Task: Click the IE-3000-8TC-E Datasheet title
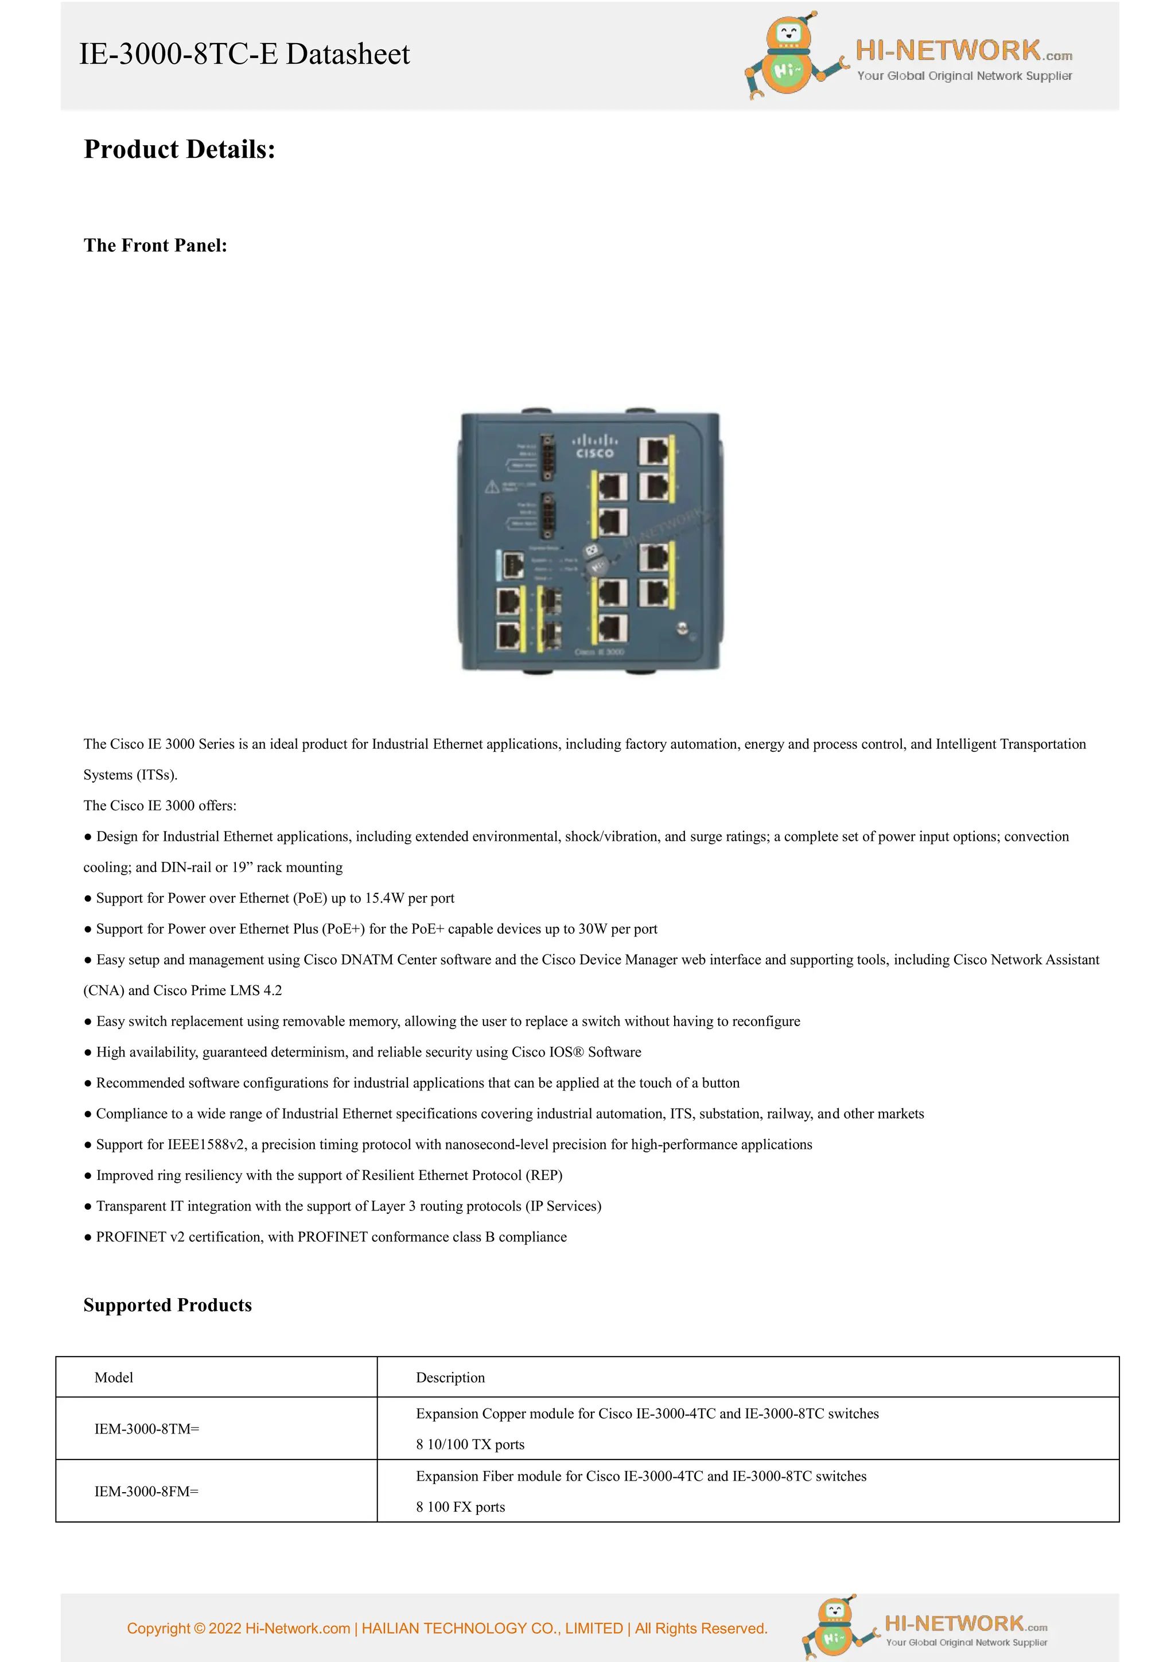click(x=244, y=55)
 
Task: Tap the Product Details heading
click(x=180, y=149)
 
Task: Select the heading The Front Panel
click(x=155, y=246)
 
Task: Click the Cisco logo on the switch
click(x=595, y=446)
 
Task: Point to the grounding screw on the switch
click(x=681, y=628)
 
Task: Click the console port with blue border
click(x=511, y=565)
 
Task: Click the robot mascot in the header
click(x=790, y=56)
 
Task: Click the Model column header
click(x=114, y=1377)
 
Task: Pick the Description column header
click(x=450, y=1377)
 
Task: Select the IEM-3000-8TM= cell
click(x=146, y=1429)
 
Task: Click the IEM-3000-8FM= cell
click(x=146, y=1491)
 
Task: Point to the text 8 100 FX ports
click(x=460, y=1507)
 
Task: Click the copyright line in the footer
click(x=446, y=1628)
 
